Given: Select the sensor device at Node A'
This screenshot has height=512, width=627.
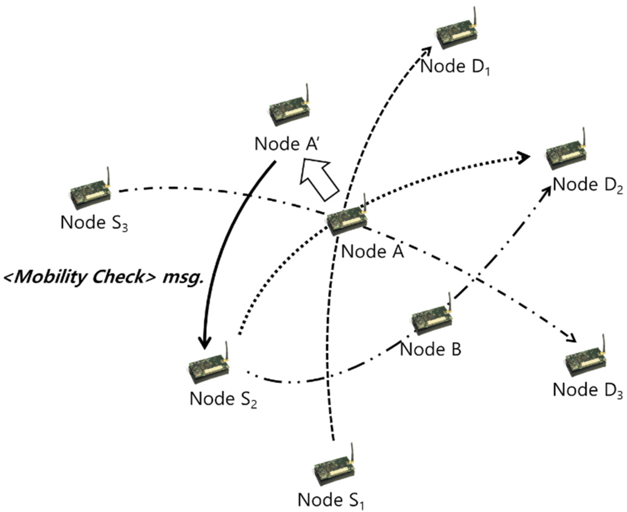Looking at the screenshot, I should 289,111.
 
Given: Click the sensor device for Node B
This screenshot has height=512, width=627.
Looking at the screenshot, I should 432,320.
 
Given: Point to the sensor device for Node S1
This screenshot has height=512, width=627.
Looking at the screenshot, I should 334,471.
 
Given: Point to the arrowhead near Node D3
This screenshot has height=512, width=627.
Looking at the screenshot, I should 572,338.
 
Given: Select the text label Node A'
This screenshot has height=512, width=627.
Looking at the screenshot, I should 286,144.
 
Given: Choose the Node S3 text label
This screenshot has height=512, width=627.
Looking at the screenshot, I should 94,223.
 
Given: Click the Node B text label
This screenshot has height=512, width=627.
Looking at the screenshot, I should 430,349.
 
